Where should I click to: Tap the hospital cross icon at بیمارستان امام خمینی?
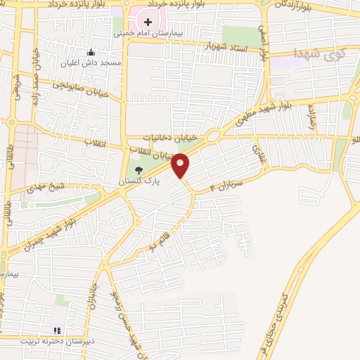coord(148,22)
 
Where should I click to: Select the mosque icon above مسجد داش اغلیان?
coord(91,52)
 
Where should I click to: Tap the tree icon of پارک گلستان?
coord(139,169)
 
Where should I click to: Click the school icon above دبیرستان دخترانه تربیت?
coord(58,330)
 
